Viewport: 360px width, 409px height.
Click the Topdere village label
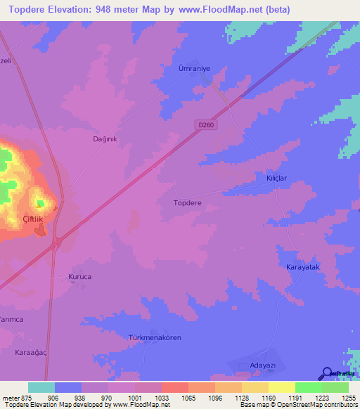188,203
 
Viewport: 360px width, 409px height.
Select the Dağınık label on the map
105,139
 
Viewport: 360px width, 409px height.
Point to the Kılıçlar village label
277,178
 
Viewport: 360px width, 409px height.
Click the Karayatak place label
303,268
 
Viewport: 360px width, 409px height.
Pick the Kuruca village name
79,277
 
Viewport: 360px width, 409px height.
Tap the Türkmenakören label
155,338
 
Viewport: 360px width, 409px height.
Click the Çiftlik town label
33,219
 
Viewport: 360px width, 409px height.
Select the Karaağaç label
31,351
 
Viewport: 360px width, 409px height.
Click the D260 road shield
205,124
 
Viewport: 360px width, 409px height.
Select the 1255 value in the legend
348,397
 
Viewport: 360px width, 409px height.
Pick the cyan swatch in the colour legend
41,387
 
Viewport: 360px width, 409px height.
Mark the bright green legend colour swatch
309,387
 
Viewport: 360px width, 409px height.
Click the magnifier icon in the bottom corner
327,373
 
